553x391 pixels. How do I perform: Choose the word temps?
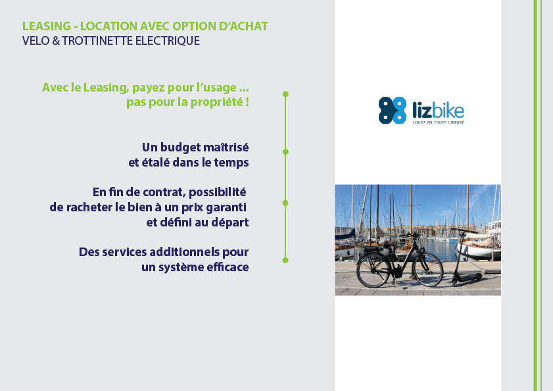tap(231, 163)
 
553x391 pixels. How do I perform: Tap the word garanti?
tap(226, 207)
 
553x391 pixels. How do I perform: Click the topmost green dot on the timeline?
tap(285, 94)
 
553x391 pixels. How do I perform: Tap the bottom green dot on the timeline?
tap(285, 260)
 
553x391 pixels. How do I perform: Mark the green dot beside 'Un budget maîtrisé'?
tap(285, 152)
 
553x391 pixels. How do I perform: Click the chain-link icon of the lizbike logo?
tap(393, 110)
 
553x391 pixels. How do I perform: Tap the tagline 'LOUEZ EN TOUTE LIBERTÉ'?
tap(439, 122)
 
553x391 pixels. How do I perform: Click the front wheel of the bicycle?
tap(427, 269)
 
